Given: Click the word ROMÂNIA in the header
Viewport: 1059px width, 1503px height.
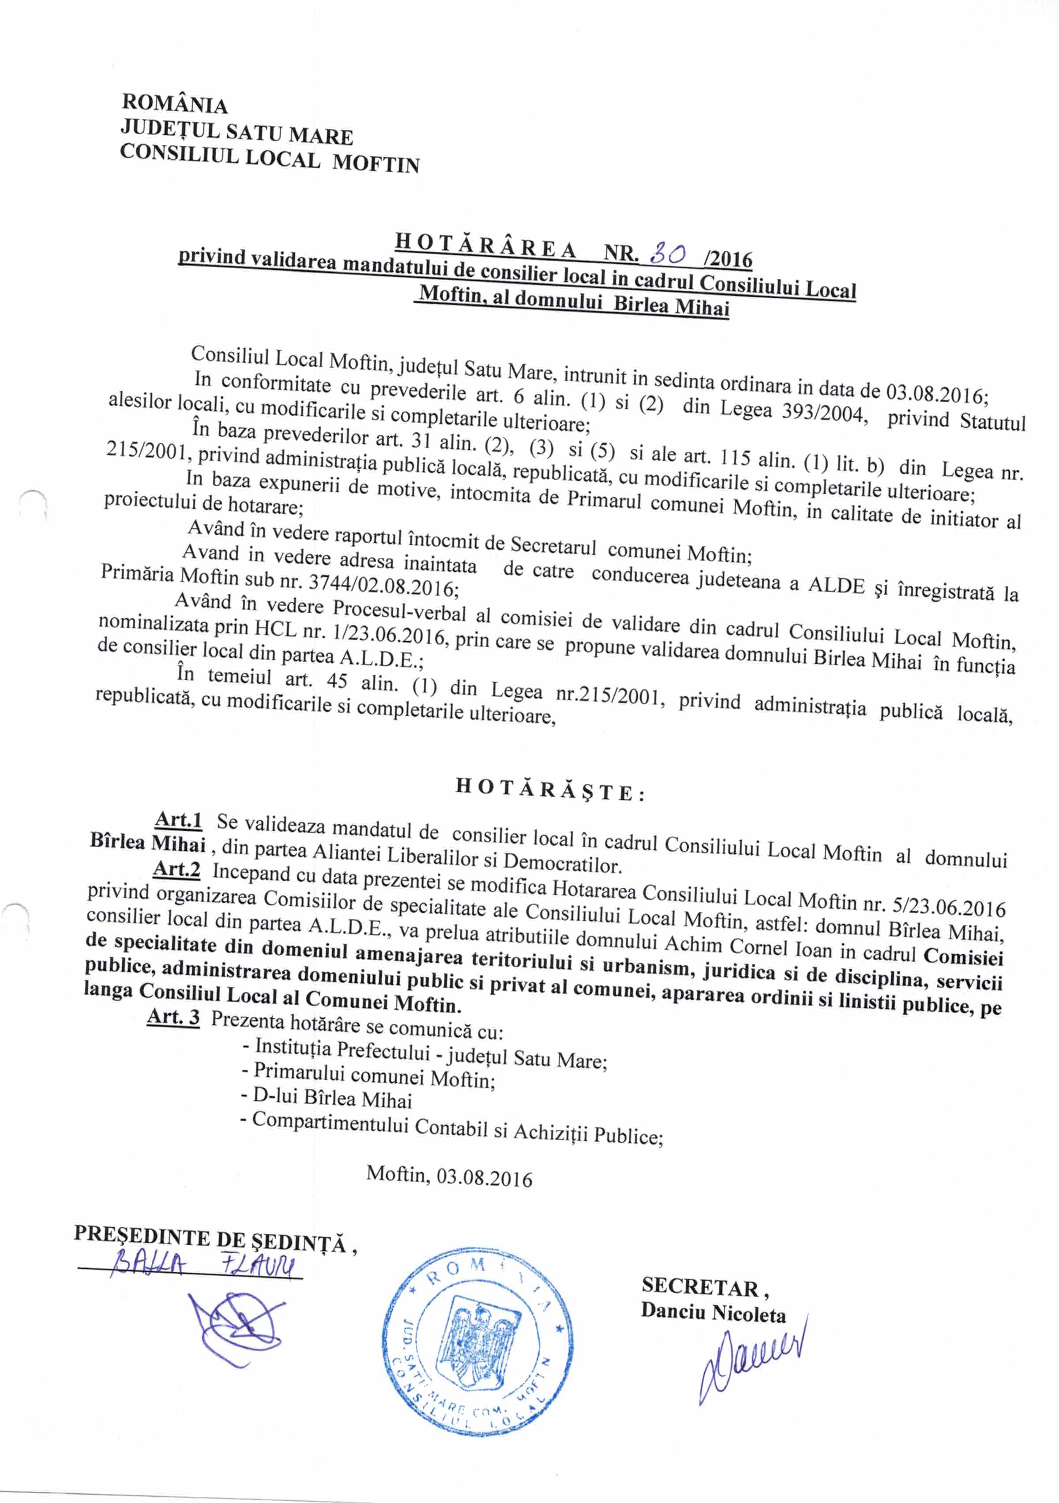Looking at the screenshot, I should pyautogui.click(x=175, y=104).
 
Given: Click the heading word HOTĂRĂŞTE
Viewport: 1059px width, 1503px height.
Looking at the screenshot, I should pyautogui.click(x=550, y=790).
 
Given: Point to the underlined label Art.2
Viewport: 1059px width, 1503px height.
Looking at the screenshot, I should pyautogui.click(x=176, y=869).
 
